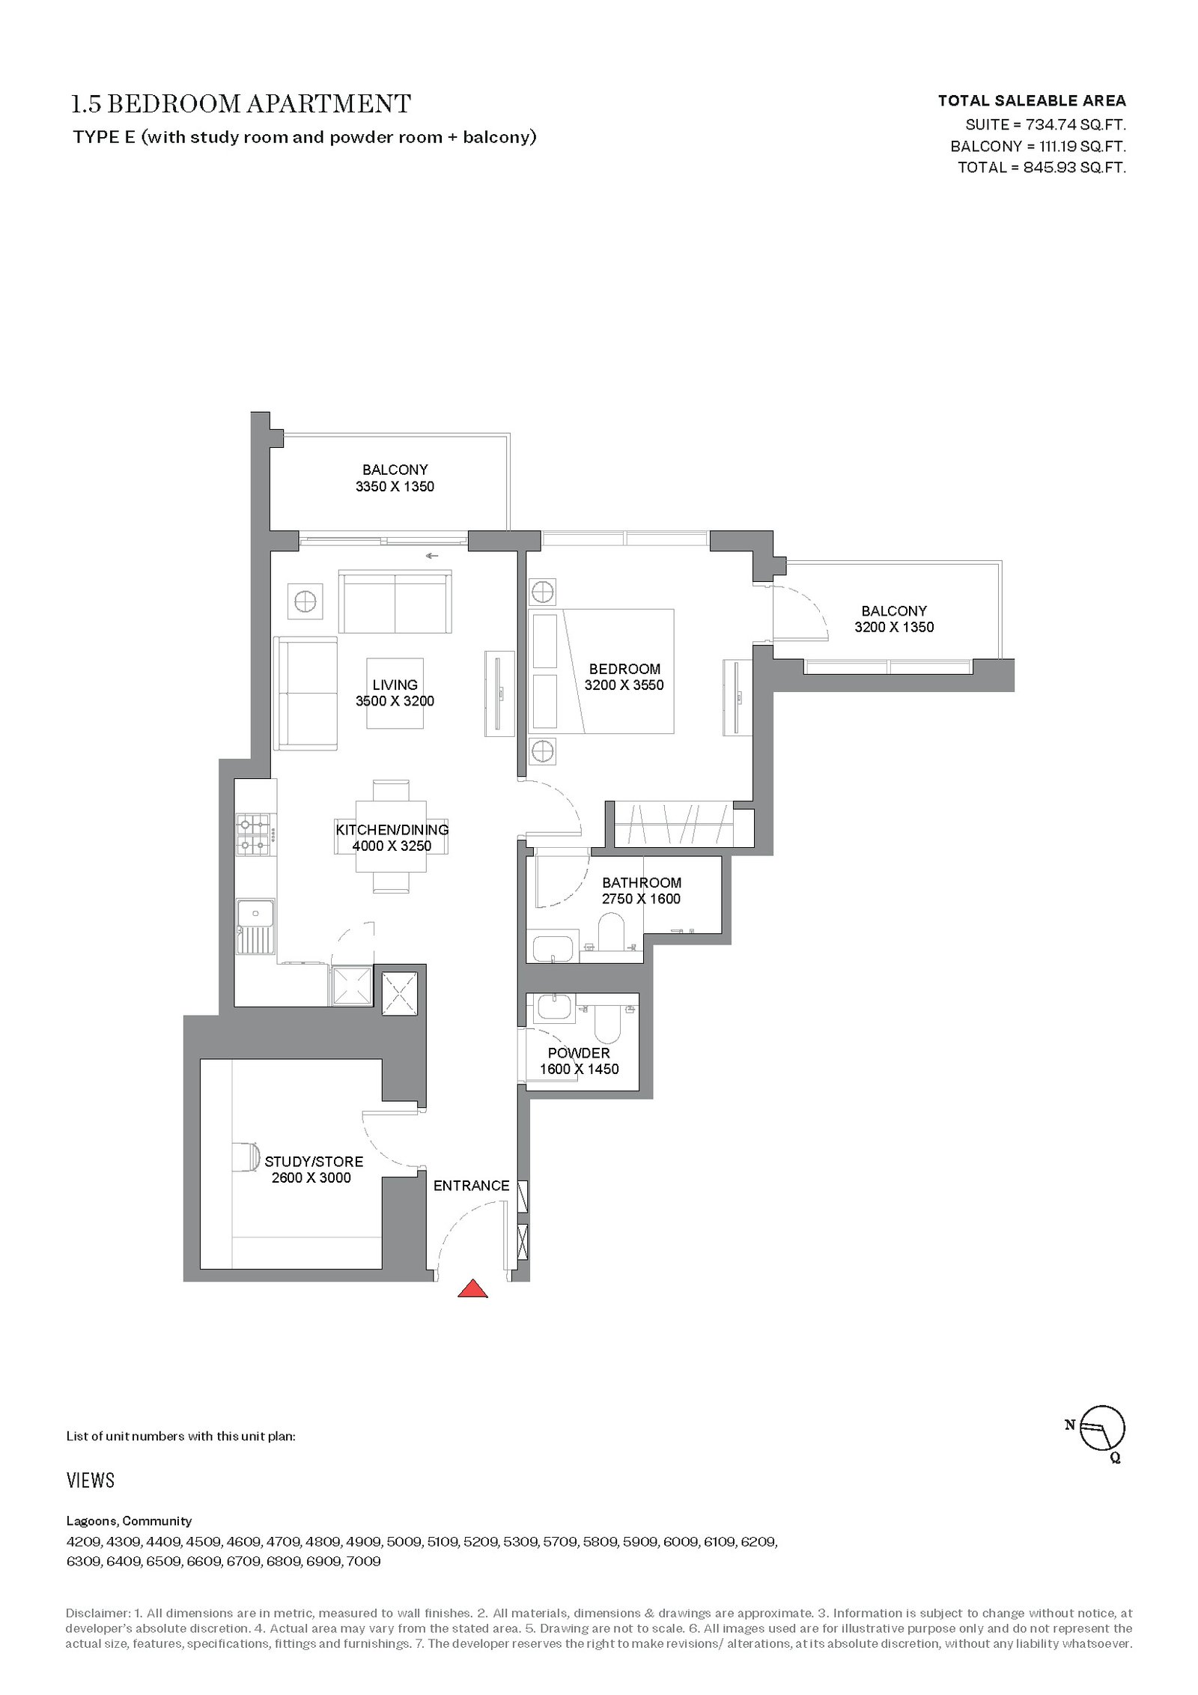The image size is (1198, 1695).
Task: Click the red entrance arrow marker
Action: [472, 1288]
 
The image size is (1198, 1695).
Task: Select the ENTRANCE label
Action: [471, 1186]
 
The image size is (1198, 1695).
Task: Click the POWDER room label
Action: [579, 1052]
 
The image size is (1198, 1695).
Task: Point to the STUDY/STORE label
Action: [314, 1162]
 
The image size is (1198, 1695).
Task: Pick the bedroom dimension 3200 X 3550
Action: [624, 685]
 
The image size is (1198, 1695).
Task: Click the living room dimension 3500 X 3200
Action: [395, 701]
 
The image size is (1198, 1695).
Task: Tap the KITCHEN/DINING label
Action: [392, 830]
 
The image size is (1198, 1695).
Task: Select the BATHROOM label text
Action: [642, 882]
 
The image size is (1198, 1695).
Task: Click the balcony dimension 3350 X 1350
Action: [395, 486]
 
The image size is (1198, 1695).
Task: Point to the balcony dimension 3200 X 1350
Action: [894, 627]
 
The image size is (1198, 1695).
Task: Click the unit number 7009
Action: [364, 1561]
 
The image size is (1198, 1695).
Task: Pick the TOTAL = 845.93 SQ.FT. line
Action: [1042, 167]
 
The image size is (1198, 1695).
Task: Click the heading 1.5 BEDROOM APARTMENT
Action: [240, 103]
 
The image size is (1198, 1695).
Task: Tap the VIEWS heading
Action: [91, 1480]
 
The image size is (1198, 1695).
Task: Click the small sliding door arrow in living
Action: [432, 556]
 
